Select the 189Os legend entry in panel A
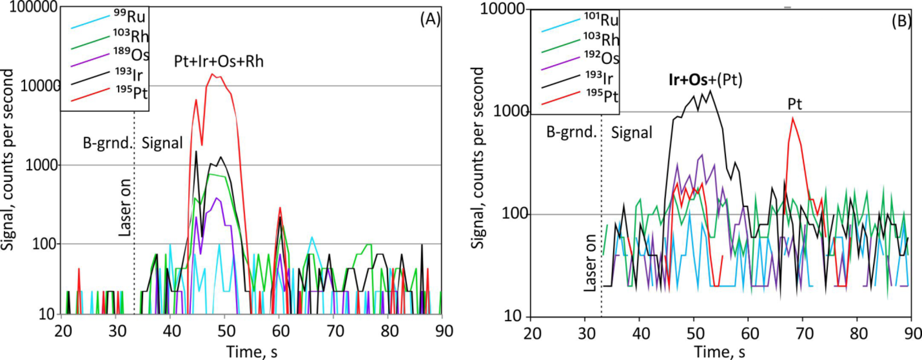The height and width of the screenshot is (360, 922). point(130,55)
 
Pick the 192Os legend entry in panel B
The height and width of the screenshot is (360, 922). point(601,58)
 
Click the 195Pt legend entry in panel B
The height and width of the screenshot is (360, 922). point(601,96)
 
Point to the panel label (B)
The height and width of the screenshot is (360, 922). point(901,22)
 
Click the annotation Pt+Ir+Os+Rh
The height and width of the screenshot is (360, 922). point(218,62)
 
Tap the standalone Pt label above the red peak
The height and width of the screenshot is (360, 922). point(795,105)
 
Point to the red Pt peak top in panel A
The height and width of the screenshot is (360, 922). point(213,74)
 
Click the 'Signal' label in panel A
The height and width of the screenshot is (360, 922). point(162,143)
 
